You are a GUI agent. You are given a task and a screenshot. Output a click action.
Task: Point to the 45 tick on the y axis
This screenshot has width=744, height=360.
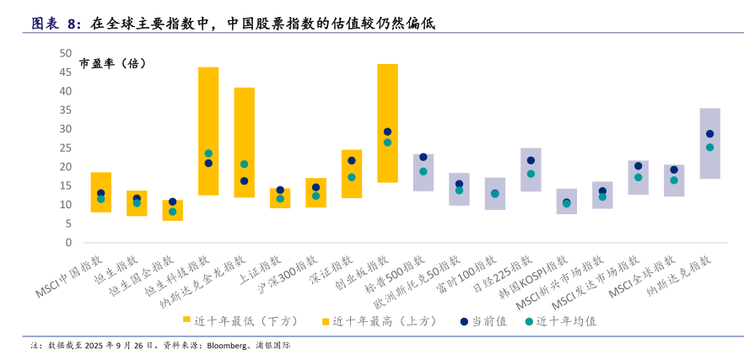click(65, 72)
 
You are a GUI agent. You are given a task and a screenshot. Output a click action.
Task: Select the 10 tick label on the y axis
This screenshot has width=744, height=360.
click(65, 205)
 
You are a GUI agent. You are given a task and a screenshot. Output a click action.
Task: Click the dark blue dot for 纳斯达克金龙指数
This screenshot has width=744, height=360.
click(245, 181)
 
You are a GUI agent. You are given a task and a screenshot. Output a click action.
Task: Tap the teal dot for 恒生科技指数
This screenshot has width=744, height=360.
click(208, 153)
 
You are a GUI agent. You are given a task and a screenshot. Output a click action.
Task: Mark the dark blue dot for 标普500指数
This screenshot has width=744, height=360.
click(423, 157)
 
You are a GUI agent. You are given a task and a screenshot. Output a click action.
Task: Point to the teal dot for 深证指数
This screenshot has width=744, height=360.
click(352, 177)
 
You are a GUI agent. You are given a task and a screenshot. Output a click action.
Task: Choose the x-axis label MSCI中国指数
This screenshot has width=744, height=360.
click(69, 275)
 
